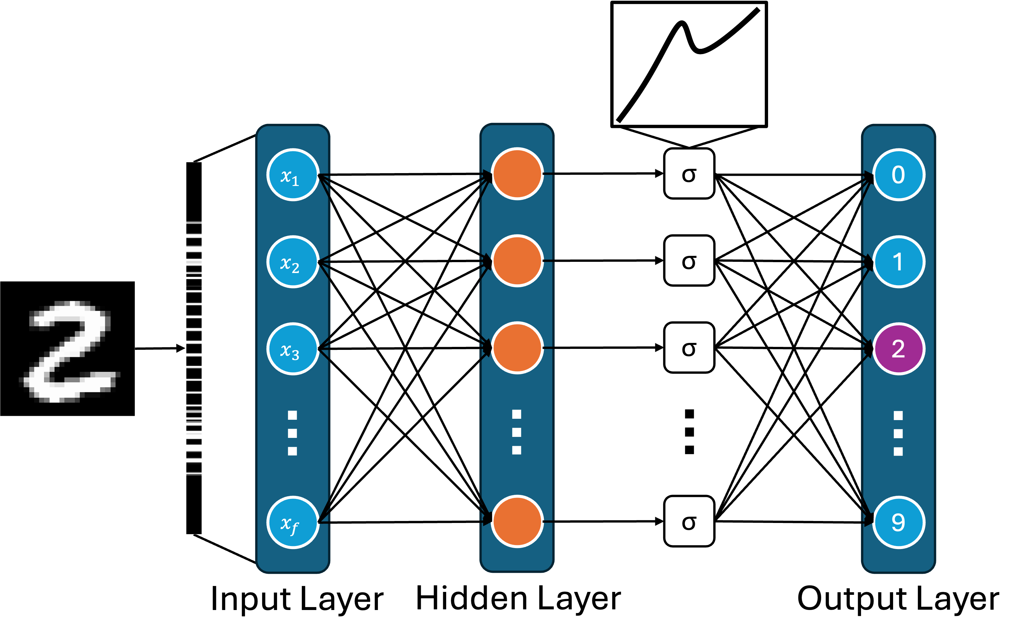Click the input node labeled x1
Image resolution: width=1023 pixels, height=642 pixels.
coord(293,174)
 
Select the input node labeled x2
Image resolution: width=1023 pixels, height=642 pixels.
coord(293,261)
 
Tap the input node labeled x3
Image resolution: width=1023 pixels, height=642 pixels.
coord(293,349)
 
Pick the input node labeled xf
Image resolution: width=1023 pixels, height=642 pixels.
coord(293,522)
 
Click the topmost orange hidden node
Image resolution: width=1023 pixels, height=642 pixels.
coord(517,174)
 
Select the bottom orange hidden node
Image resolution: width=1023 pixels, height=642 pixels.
coord(517,521)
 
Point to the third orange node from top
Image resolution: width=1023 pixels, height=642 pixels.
coord(517,348)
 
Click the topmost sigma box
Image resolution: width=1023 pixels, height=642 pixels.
coord(689,173)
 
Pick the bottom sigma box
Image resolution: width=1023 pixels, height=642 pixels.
coord(689,521)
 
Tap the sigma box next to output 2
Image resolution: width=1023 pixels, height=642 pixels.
coord(689,347)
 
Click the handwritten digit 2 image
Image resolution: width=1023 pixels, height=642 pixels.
coord(70,352)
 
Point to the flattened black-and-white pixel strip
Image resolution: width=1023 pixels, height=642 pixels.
coord(194,348)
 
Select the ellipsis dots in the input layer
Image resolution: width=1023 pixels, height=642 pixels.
coord(292,433)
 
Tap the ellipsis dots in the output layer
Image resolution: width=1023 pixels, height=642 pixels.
coord(898,433)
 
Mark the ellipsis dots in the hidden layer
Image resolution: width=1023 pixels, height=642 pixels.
coord(516,432)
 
